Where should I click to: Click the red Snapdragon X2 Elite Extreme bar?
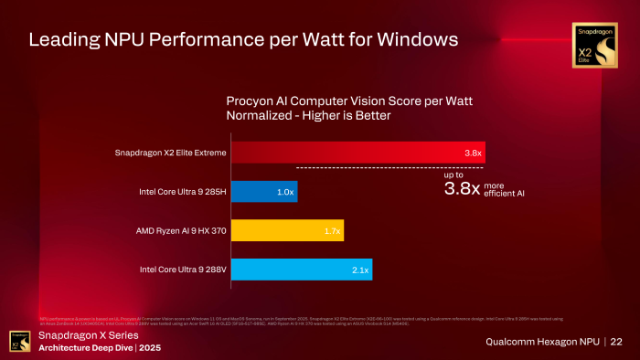[357, 153]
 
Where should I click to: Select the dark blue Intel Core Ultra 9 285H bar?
[263, 192]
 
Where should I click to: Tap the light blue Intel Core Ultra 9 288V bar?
[301, 270]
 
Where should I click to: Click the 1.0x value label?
[285, 192]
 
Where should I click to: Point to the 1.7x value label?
[332, 231]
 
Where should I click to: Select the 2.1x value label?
[359, 270]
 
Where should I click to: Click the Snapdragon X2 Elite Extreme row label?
[171, 153]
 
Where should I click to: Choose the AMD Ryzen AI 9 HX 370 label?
[177, 230]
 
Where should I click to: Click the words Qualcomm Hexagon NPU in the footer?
[542, 342]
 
